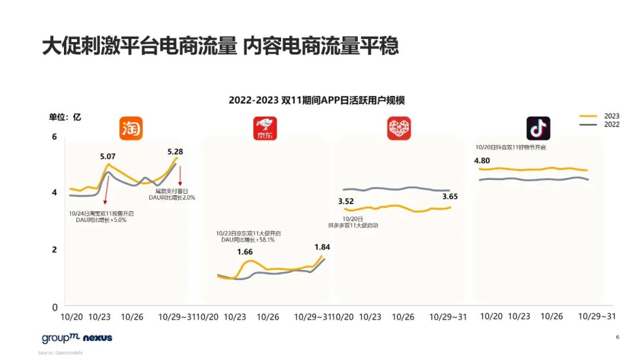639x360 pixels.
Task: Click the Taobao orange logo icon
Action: point(131,128)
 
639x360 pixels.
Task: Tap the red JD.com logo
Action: point(265,128)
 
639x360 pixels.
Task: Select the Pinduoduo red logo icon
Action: point(399,128)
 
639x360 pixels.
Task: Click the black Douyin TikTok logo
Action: point(538,128)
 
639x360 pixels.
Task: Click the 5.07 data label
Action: point(108,157)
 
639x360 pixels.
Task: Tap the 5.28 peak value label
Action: point(175,152)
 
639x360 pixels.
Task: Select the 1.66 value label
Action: point(244,252)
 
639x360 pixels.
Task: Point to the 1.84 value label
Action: point(322,247)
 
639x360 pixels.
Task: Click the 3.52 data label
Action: point(346,201)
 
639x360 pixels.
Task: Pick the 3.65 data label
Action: point(450,197)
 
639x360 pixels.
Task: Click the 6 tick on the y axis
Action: point(55,137)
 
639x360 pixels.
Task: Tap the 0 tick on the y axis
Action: point(55,307)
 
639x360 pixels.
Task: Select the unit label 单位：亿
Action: point(65,117)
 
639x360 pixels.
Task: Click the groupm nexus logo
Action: point(77,338)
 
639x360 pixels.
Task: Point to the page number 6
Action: point(617,337)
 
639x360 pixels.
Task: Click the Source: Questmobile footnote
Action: point(60,353)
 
